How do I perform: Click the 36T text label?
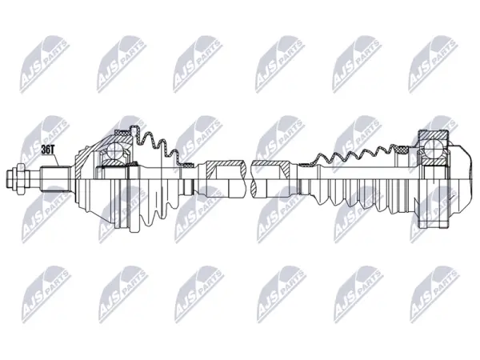click(x=47, y=150)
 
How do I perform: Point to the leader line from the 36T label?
click(x=56, y=160)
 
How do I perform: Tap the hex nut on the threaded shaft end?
click(x=20, y=178)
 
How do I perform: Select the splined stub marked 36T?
click(x=55, y=179)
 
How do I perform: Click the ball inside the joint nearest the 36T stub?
click(x=114, y=150)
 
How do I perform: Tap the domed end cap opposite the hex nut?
click(x=460, y=178)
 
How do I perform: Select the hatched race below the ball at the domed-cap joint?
click(x=434, y=162)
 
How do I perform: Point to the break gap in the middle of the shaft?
click(x=249, y=179)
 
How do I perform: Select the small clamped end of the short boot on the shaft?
click(x=186, y=166)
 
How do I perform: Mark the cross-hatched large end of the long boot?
click(x=403, y=150)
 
